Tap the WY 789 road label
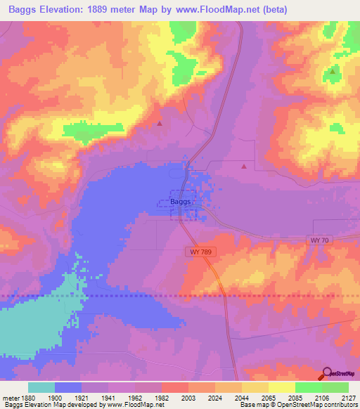tap(199, 251)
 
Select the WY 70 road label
tap(319, 240)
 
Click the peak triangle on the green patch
tap(333, 72)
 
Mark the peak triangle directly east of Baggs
tap(244, 167)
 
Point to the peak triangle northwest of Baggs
tap(160, 123)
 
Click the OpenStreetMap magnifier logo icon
tap(326, 375)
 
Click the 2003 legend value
tap(188, 397)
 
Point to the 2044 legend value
tap(241, 397)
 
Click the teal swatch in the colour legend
tap(41, 387)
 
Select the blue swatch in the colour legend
tap(68, 387)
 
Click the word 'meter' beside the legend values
tap(9, 397)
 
